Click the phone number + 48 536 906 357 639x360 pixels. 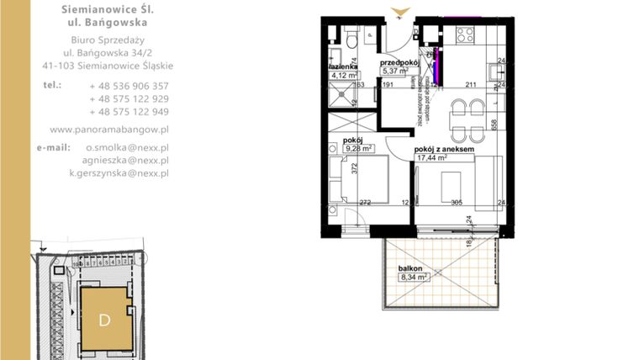128,86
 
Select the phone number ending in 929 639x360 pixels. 128,98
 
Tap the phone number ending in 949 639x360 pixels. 128,111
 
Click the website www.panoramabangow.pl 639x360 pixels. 109,130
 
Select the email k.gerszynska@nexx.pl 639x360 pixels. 119,172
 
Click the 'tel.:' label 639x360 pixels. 53,85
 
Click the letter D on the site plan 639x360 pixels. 104,320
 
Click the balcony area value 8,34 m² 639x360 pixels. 414,276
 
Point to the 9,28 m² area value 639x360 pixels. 355,149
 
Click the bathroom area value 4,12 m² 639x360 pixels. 341,74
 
